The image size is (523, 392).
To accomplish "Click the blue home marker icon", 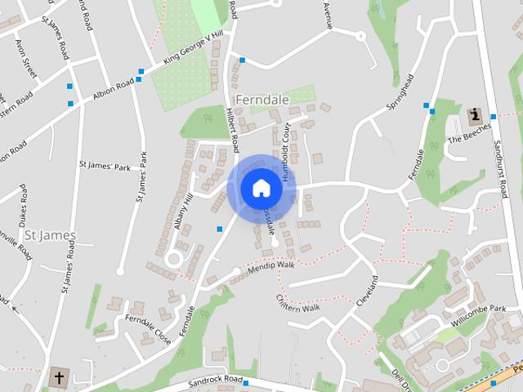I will click(261, 189).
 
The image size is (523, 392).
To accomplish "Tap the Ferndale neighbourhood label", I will click(261, 99).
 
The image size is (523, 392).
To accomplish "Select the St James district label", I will click(50, 235).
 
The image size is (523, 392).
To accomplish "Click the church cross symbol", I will click(58, 378).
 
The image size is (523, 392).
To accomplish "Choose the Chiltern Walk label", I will click(298, 304).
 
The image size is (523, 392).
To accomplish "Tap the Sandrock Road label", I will click(216, 381).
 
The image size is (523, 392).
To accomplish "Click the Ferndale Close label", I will click(148, 327).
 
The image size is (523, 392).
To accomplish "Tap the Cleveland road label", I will click(367, 292).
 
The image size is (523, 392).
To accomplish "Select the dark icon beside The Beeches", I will click(474, 114).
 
